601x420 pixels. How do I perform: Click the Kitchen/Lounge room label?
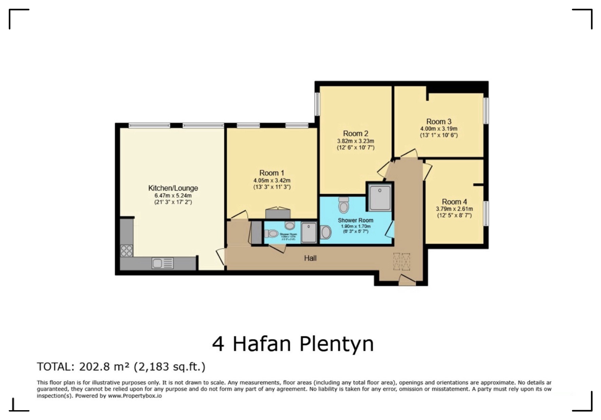click(173, 188)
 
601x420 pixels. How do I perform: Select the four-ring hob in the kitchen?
click(126, 251)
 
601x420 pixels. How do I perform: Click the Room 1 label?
click(271, 173)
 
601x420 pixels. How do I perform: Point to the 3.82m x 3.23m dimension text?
click(355, 141)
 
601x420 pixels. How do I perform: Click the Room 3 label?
click(438, 121)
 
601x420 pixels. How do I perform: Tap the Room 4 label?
click(454, 202)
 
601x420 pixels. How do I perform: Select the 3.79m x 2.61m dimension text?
click(454, 209)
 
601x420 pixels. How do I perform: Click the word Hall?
click(310, 258)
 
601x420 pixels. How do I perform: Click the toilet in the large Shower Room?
click(343, 205)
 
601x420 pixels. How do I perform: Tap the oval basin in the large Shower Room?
click(325, 233)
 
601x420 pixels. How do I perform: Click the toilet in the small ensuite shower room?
click(271, 234)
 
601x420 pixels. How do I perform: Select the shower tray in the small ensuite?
click(308, 233)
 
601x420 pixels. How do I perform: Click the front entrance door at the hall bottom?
click(407, 281)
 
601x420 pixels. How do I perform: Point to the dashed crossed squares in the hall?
click(401, 261)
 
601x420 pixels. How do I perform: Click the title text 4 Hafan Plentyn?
click(293, 344)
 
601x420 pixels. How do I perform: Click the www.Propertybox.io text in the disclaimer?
click(135, 396)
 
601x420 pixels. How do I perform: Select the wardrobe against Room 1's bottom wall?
click(278, 214)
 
